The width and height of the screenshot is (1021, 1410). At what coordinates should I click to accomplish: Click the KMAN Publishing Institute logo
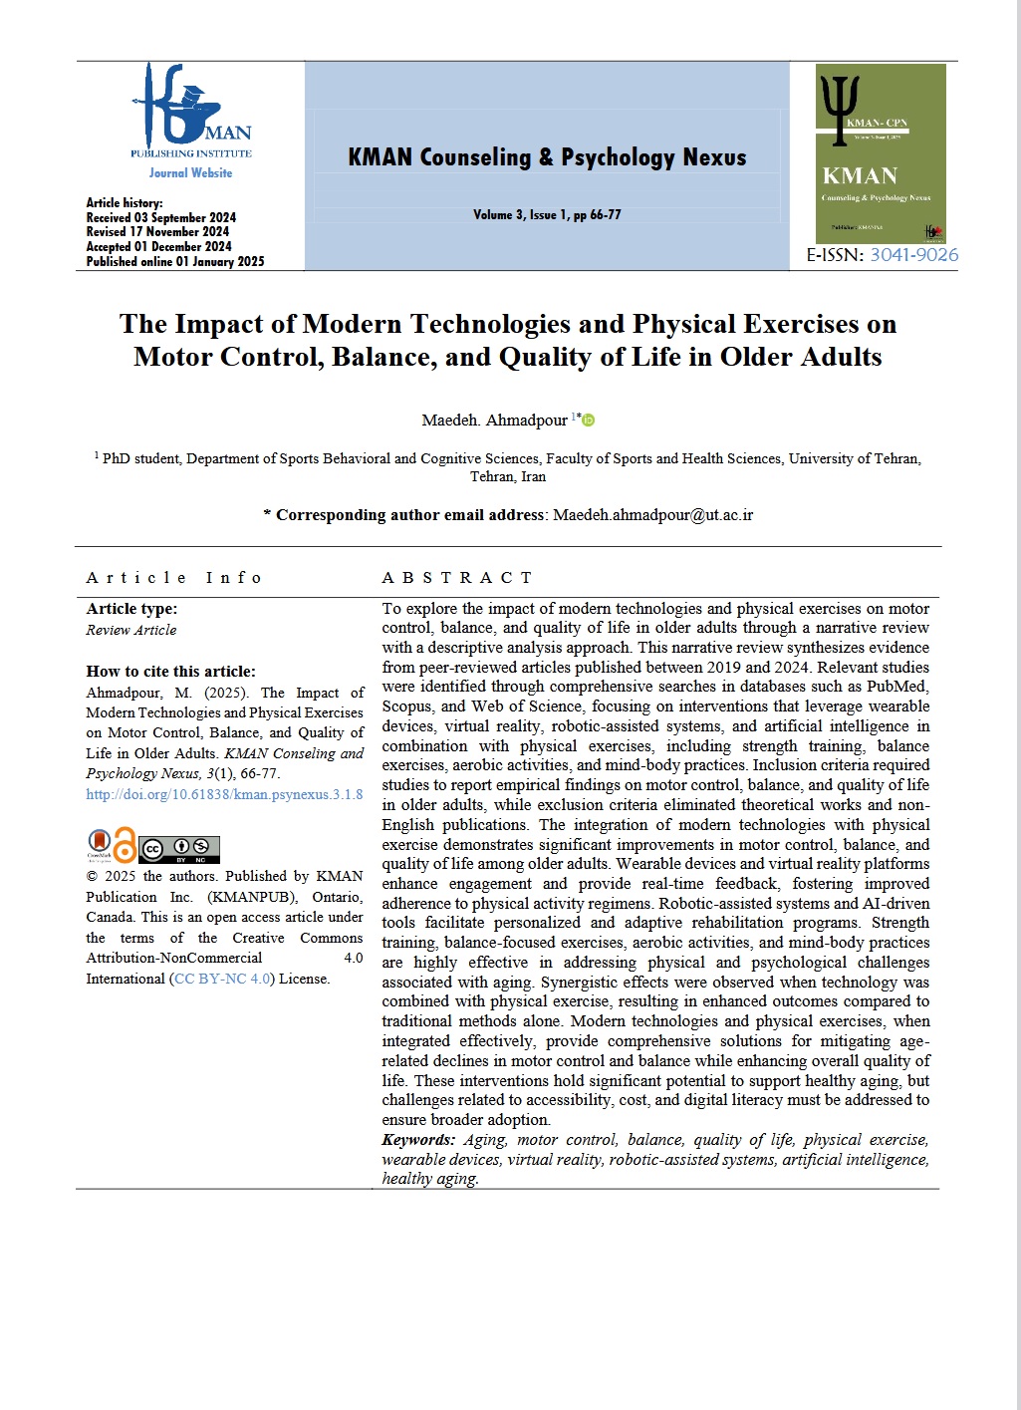pyautogui.click(x=190, y=112)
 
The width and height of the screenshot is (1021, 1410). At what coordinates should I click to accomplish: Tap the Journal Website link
pyautogui.click(x=190, y=173)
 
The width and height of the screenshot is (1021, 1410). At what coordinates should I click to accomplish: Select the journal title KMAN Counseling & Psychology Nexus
pyautogui.click(x=547, y=157)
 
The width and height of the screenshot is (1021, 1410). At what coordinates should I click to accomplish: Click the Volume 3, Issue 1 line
pyautogui.click(x=547, y=215)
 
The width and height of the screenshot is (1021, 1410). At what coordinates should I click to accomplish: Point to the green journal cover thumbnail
pyautogui.click(x=880, y=154)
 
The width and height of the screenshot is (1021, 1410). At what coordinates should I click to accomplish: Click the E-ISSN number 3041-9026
pyautogui.click(x=913, y=255)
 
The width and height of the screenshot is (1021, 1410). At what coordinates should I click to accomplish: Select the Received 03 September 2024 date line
pyautogui.click(x=161, y=217)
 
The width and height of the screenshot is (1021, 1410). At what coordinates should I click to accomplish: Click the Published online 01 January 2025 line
pyautogui.click(x=175, y=262)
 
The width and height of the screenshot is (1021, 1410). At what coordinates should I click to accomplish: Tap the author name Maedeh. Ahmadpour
pyautogui.click(x=494, y=421)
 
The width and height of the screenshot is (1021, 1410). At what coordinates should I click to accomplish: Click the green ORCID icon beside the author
pyautogui.click(x=588, y=421)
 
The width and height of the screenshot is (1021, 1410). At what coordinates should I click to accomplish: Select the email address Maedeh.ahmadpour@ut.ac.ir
pyautogui.click(x=652, y=515)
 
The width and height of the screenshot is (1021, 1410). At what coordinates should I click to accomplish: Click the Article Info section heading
pyautogui.click(x=173, y=578)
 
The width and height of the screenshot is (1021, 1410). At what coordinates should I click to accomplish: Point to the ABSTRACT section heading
pyautogui.click(x=457, y=578)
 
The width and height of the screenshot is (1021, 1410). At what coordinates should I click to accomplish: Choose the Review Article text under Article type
pyautogui.click(x=131, y=630)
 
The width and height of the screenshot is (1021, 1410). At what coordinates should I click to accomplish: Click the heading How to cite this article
pyautogui.click(x=170, y=672)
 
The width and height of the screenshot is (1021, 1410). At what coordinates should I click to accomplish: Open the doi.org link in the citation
pyautogui.click(x=224, y=795)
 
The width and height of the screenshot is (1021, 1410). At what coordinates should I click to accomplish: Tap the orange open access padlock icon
pyautogui.click(x=125, y=846)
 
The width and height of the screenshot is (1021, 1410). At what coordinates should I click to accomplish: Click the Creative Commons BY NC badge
pyautogui.click(x=178, y=849)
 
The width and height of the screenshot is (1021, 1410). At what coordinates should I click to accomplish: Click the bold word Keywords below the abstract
pyautogui.click(x=418, y=1140)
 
